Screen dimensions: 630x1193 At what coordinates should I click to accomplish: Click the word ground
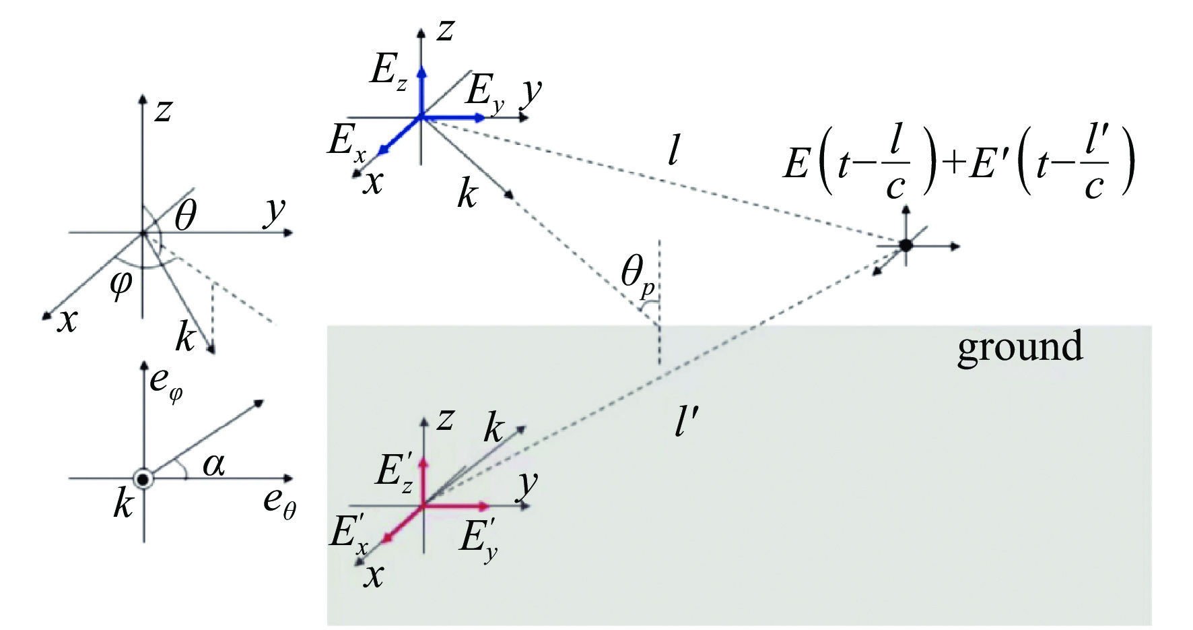coord(1019,346)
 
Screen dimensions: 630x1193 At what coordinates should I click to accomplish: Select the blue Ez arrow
coord(421,91)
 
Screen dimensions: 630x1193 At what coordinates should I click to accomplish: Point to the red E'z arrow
coord(423,481)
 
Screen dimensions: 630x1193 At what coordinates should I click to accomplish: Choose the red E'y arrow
coord(458,505)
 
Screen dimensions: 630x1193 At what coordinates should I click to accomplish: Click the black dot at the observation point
coord(906,245)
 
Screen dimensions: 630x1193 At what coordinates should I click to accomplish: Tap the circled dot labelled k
coord(143,478)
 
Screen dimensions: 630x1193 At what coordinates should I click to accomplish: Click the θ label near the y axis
coord(184,218)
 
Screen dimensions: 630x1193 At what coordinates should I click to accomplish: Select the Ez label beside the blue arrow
coord(388,70)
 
